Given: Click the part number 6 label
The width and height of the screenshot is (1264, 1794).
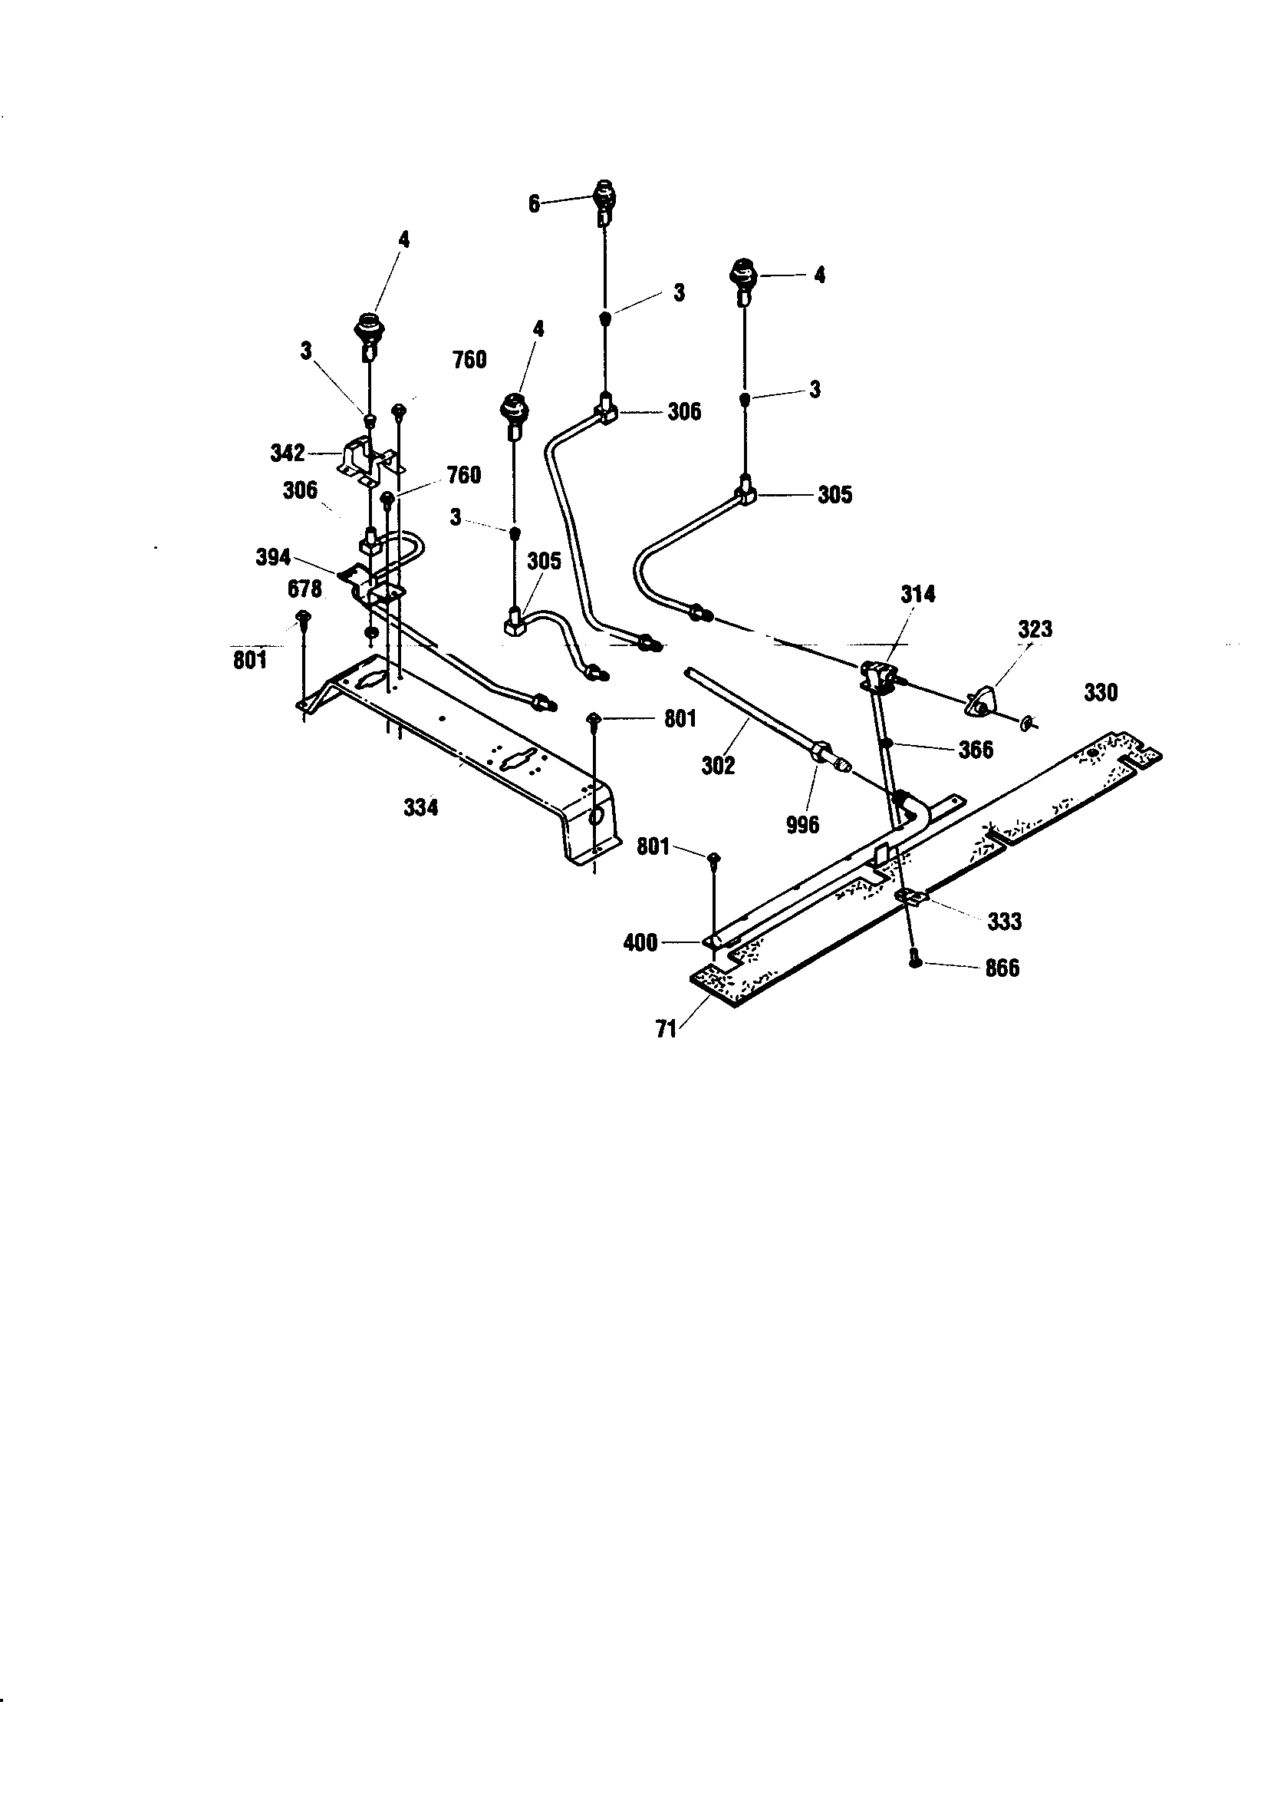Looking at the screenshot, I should (534, 204).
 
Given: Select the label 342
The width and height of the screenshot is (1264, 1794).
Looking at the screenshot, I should (288, 453).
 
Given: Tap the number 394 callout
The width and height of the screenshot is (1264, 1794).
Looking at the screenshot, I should (273, 558).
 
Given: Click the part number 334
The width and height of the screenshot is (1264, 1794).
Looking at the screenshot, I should (421, 807).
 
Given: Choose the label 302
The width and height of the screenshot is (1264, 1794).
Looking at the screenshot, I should (718, 765).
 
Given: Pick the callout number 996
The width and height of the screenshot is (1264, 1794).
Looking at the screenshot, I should (803, 824).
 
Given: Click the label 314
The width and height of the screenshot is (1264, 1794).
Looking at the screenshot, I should (918, 595).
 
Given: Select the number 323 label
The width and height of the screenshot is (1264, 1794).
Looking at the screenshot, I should (1035, 629).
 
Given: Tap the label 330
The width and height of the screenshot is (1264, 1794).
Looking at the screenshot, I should (1101, 692).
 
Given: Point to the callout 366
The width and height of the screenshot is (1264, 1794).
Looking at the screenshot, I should (976, 750).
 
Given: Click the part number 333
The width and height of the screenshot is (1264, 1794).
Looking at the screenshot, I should (1005, 922).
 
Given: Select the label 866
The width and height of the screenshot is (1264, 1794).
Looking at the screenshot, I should (1002, 968).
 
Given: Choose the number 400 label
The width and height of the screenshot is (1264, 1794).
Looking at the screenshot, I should (640, 943).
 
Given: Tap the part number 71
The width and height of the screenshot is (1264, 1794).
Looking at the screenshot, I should (666, 1030).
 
